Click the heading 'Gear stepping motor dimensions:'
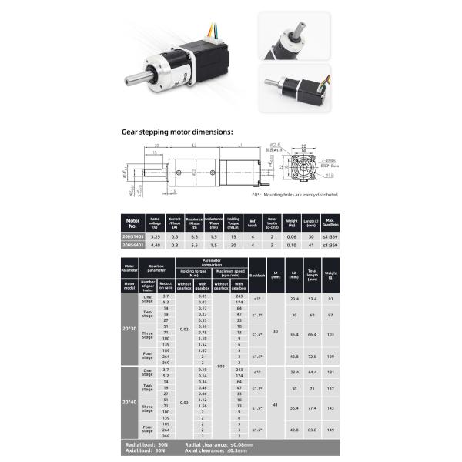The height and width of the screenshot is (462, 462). point(176,132)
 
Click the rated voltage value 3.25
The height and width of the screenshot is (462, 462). point(155,236)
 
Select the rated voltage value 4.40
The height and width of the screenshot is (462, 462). point(155,246)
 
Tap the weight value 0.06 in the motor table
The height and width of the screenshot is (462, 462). point(291,236)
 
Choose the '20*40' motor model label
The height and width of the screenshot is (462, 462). point(129,402)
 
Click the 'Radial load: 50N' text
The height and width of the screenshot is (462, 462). point(148,445)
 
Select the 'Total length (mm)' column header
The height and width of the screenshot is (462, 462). point(312,273)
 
